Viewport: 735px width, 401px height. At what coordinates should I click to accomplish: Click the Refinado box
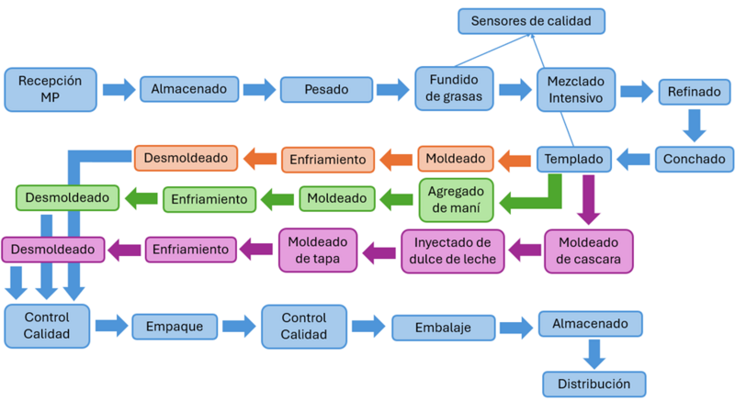point(694,91)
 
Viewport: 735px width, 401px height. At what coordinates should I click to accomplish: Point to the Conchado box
point(694,159)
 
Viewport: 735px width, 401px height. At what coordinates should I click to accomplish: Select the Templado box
point(573,159)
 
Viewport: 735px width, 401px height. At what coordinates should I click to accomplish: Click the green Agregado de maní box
point(457,199)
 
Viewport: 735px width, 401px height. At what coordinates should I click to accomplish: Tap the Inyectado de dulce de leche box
point(452,251)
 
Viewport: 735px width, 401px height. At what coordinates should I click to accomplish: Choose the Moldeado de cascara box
point(588,251)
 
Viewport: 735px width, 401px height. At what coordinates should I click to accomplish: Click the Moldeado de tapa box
point(317,251)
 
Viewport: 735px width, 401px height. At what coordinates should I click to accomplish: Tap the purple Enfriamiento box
point(190,249)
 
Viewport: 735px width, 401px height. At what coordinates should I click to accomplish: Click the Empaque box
point(175,326)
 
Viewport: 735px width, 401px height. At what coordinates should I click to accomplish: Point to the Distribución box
point(594,383)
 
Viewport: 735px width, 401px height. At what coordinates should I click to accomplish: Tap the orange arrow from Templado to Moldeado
point(514,161)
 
